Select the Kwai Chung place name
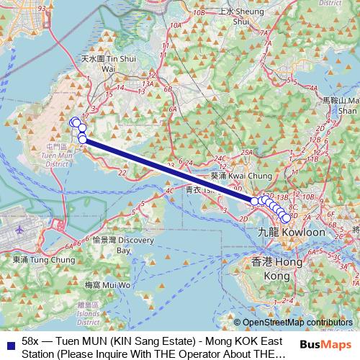231,175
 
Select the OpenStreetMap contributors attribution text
297,323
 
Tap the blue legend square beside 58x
8,341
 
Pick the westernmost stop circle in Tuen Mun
73,122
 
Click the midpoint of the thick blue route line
168,171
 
